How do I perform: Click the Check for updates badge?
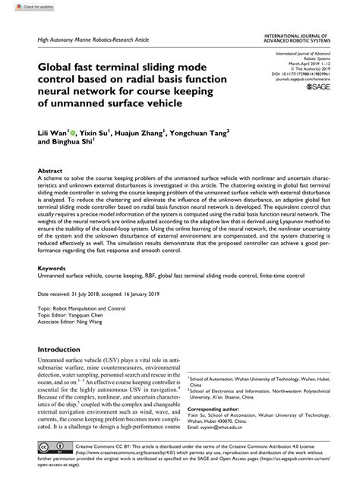click(21, 6)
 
